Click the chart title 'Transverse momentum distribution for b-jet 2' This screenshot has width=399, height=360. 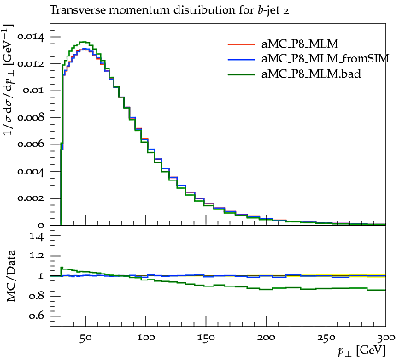coord(169,10)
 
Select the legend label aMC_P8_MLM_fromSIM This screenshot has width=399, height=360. coord(326,59)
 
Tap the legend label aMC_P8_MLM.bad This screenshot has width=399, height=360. coord(311,74)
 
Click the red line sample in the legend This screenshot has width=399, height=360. coord(242,44)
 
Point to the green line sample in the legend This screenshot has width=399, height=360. coord(242,74)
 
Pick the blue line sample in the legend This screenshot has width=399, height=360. coord(242,59)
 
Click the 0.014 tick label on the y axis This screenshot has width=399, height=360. coord(31,37)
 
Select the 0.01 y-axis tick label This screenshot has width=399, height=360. coord(33,91)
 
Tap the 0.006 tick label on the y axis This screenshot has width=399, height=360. coord(31,145)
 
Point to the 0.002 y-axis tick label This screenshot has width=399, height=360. coord(31,198)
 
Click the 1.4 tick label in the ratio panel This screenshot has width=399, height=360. coord(37,236)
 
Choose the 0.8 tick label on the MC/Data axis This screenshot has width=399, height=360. coord(37,296)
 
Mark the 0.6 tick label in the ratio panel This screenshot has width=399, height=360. coord(37,316)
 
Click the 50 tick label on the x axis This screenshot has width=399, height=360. coord(85,338)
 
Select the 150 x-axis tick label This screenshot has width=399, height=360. coord(206,338)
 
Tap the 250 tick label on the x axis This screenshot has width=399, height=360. coord(326,338)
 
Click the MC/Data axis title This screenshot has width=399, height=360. coord(10,276)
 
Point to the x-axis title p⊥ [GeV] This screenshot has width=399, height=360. coord(361,351)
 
